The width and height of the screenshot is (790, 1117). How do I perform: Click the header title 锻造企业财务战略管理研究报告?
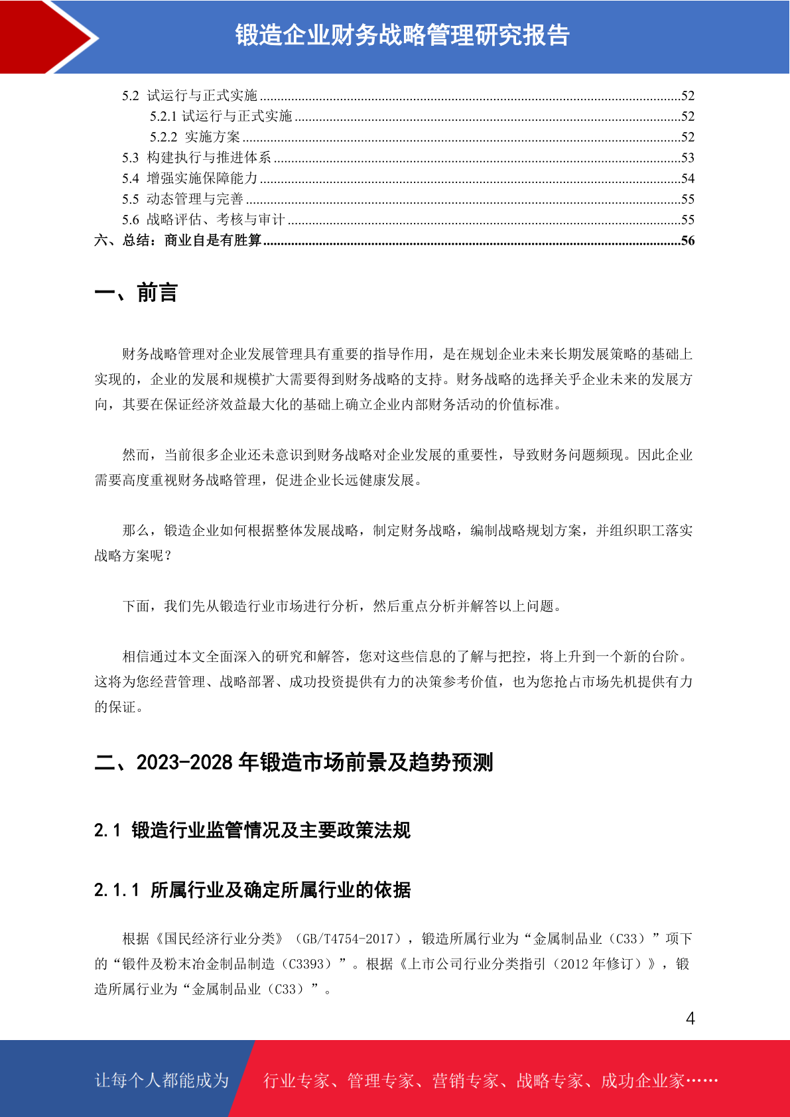click(x=402, y=36)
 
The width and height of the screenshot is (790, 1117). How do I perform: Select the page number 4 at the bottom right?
click(x=690, y=1018)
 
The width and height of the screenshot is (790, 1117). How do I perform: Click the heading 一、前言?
click(x=136, y=293)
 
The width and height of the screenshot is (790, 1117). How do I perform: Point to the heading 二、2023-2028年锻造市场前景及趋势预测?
click(x=293, y=762)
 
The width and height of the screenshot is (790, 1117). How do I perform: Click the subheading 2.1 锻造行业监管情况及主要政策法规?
click(x=252, y=830)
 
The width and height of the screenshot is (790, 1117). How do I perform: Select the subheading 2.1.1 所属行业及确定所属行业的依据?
click(x=252, y=889)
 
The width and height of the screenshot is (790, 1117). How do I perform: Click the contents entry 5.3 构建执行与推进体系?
click(x=196, y=157)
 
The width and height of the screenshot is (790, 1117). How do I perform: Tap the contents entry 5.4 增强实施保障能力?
click(x=189, y=178)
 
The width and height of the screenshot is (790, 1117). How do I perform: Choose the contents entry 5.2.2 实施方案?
click(x=195, y=137)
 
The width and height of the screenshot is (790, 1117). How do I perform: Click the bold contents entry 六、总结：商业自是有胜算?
click(x=178, y=240)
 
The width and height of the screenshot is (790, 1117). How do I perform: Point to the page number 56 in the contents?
click(x=688, y=240)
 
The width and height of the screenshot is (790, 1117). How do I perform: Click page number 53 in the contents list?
click(x=688, y=157)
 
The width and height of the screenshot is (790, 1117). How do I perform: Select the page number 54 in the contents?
click(x=688, y=178)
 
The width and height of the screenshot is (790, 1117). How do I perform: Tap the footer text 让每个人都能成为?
click(x=162, y=1081)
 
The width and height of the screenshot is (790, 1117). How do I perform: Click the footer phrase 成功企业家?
click(x=642, y=1081)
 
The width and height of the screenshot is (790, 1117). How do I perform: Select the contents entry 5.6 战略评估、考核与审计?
click(x=203, y=220)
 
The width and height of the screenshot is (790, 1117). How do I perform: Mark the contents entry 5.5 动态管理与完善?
click(x=182, y=199)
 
